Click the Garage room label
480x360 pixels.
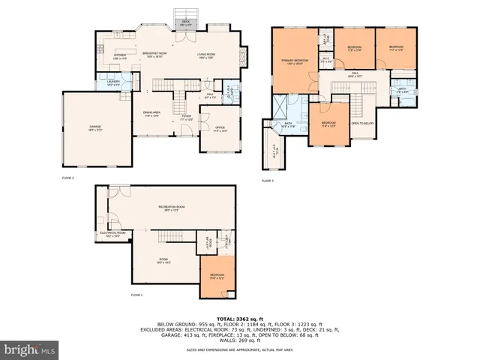(95, 127)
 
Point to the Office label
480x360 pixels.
(220, 130)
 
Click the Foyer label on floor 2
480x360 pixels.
(187, 118)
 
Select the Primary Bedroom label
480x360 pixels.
(292, 62)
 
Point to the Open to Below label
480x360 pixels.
(362, 123)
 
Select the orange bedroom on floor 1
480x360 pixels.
(216, 277)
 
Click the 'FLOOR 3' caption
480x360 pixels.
(268, 181)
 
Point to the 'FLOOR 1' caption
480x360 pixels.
(136, 295)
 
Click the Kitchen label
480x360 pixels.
(120, 55)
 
